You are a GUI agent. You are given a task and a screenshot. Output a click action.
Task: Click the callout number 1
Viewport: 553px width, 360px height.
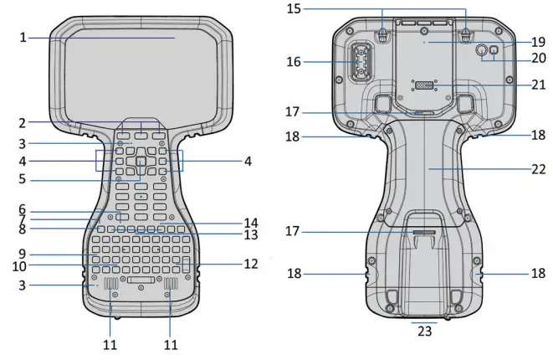tap(23, 37)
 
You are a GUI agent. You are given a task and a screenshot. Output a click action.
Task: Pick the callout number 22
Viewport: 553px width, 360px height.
tap(538, 167)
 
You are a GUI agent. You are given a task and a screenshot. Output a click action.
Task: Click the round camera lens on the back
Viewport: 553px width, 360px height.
tap(482, 50)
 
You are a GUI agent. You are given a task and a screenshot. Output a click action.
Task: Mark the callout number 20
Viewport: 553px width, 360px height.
tap(538, 59)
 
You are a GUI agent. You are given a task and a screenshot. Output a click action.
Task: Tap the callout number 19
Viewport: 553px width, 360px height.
tap(538, 41)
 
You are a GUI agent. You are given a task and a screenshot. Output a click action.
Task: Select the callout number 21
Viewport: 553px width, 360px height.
tap(538, 85)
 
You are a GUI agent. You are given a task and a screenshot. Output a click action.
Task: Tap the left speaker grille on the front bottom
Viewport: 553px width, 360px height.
tap(112, 289)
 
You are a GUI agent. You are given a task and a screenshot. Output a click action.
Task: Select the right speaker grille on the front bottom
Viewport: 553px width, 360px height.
tap(172, 289)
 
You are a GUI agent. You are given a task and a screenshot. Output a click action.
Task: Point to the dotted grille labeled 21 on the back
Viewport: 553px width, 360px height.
tap(425, 86)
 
